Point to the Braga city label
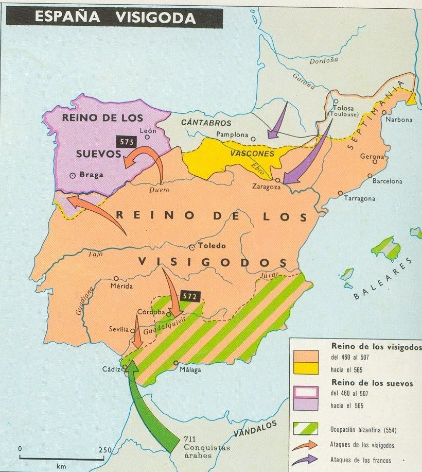pos(92,175)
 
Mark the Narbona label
pos(400,120)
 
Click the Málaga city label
pos(190,369)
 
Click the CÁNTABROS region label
pos(206,123)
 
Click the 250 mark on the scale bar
pos(105,450)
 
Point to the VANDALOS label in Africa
pos(254,429)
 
